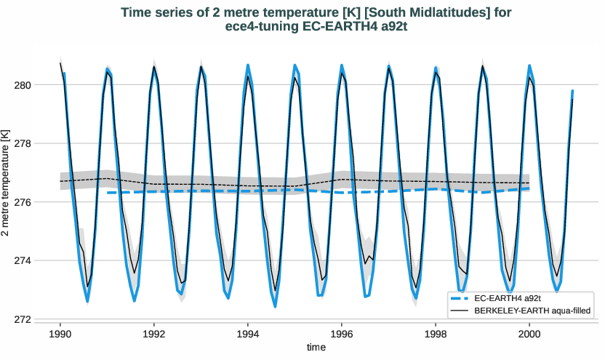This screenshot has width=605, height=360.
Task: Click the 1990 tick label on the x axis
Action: pos(60,333)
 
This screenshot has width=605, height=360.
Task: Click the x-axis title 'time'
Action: pos(316,348)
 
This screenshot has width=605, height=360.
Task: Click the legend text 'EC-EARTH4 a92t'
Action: pos(508,299)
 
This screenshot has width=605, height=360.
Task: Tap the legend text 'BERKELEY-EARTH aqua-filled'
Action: pos(531,311)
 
